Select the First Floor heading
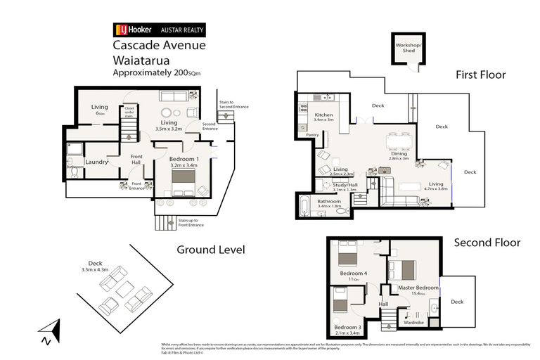point(480,75)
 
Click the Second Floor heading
point(487,243)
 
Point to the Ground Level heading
point(210,250)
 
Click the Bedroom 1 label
point(184,160)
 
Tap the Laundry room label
point(97,162)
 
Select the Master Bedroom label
point(418,287)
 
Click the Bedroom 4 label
point(354,273)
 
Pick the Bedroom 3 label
point(348,327)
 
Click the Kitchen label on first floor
point(323,115)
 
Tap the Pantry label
point(313,134)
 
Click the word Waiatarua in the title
point(141,60)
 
